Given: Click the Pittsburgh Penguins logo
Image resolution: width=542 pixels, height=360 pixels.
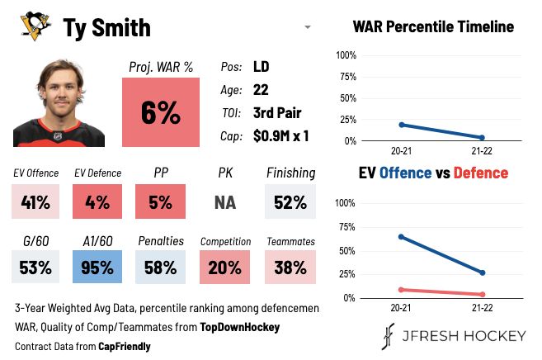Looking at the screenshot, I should point(32,27).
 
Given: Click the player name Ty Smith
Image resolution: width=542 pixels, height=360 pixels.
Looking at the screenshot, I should point(107,28).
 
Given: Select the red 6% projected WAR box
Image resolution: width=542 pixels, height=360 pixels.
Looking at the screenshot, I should point(161,114).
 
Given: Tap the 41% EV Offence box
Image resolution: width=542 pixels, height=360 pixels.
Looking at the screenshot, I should point(35,201).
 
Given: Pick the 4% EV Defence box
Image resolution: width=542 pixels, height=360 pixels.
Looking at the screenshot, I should point(98,201).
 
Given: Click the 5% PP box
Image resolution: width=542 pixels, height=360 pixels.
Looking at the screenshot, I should point(161,201).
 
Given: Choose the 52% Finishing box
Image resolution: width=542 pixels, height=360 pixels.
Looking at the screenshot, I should point(290,201).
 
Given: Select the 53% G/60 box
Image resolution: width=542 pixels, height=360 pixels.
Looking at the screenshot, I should point(35,268).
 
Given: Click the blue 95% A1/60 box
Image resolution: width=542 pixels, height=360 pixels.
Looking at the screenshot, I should point(98,268).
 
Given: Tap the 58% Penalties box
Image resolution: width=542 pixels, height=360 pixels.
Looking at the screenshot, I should point(161,268).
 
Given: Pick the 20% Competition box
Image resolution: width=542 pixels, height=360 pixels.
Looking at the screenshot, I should point(225,268).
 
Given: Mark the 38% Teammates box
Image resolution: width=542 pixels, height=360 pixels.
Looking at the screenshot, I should point(290,268).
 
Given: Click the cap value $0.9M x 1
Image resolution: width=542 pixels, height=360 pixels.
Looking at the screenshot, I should point(280,135).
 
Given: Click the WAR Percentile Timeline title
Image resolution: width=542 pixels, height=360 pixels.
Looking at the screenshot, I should point(433,26).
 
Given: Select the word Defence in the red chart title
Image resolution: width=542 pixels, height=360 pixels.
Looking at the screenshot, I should point(480,173).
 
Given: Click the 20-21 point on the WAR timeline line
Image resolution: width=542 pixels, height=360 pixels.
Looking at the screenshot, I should point(401,125).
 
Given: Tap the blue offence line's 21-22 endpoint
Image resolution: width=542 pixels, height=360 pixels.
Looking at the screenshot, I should point(482,272).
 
